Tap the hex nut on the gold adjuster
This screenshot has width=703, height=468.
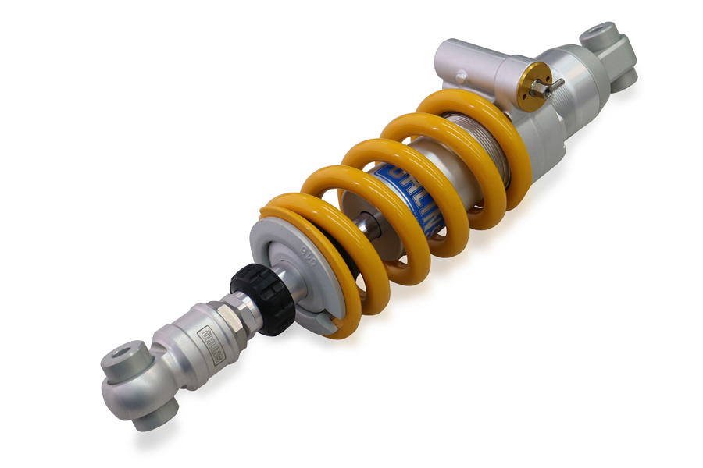click(x=538, y=90)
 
